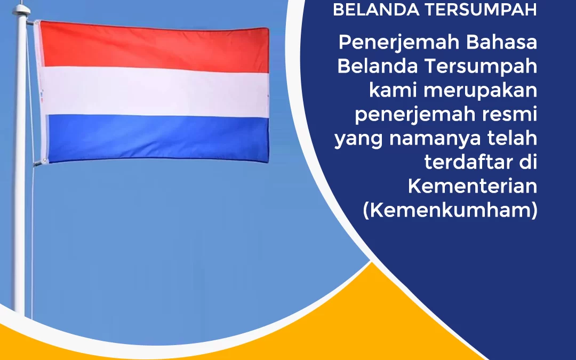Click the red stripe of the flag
coord(155,47)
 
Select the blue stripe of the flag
coord(155,138)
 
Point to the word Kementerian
coord(473,186)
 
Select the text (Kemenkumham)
coord(450,211)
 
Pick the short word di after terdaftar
coord(527,162)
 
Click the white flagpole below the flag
coord(20,240)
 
